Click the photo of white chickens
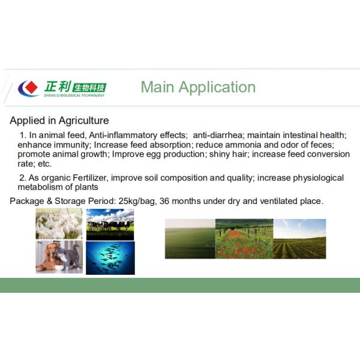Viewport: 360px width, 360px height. (x=58, y=224)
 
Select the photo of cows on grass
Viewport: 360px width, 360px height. (x=110, y=224)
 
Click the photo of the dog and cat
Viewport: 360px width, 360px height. (x=58, y=257)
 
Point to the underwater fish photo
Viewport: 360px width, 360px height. (x=110, y=257)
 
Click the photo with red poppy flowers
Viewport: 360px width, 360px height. (x=244, y=238)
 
